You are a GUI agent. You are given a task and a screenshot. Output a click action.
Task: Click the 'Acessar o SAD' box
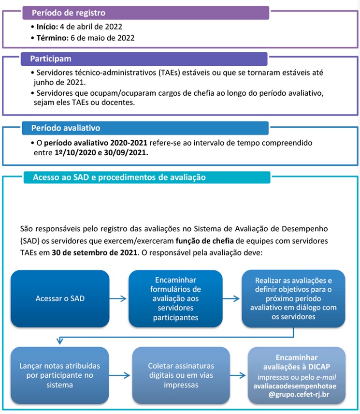click(60, 298)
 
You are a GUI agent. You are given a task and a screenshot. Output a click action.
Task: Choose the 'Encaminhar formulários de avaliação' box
click(175, 298)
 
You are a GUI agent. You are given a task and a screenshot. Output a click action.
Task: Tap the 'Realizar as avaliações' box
click(293, 298)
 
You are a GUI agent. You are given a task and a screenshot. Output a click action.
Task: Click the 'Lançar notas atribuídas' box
click(60, 375)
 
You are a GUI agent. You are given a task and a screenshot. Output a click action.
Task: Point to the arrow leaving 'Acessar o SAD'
click(119, 298)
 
